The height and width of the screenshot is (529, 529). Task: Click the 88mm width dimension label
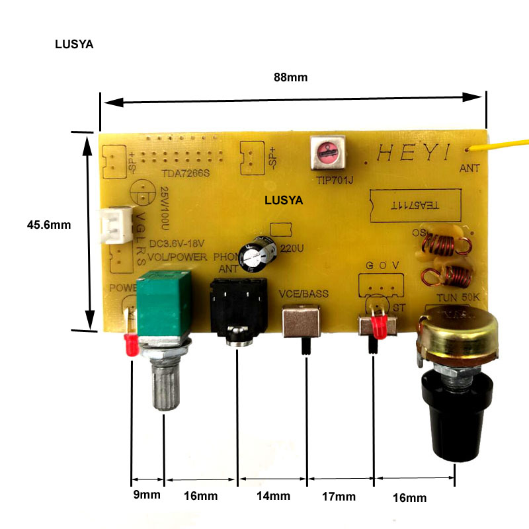tap(291, 77)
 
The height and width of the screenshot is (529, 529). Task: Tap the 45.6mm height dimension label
tap(48, 224)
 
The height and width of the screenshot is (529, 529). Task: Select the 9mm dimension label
tap(146, 495)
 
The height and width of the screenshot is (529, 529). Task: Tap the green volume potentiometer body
tap(163, 304)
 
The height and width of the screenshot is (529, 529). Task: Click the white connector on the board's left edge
tap(112, 225)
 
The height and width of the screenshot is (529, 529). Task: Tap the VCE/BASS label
tap(304, 293)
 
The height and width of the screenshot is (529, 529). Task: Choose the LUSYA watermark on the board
tap(284, 199)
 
